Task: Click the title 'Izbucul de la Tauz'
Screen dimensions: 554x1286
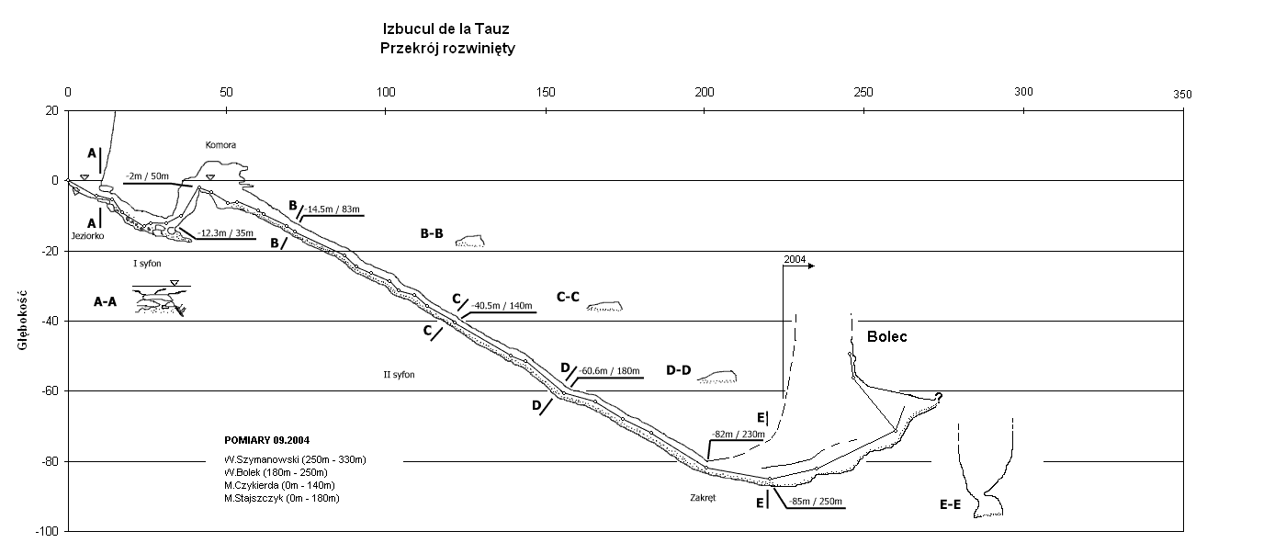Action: [x=446, y=29]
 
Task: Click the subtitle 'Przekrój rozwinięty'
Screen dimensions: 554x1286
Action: [x=446, y=48]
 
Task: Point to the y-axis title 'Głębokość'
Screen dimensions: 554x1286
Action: [x=19, y=321]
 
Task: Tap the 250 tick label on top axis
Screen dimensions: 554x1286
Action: [x=863, y=93]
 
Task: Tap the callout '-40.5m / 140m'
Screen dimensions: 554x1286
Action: [x=502, y=306]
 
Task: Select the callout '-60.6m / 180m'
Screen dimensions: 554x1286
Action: [x=611, y=371]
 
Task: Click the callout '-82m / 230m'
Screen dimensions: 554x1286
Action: [x=739, y=435]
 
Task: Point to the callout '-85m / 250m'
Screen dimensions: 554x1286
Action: [x=814, y=502]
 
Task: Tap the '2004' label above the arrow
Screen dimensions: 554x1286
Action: [x=795, y=260]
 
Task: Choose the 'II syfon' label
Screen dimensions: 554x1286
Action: [x=399, y=374]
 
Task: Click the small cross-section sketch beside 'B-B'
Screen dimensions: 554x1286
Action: [x=470, y=242]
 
